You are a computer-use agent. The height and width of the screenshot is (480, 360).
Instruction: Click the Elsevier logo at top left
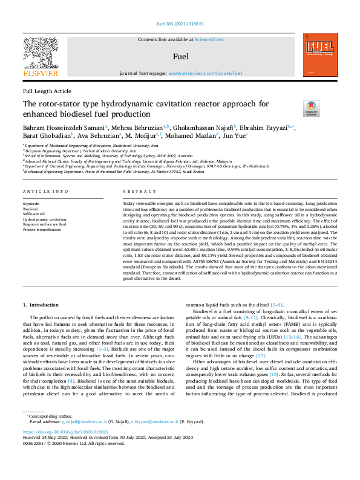(41, 58)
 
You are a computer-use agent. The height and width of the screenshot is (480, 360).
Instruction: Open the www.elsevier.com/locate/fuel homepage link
(205, 73)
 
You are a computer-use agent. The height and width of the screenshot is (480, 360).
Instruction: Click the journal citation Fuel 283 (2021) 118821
(180, 25)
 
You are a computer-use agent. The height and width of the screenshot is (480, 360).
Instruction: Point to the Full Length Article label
(47, 91)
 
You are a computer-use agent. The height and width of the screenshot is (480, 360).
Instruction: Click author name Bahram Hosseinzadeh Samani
(64, 128)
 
